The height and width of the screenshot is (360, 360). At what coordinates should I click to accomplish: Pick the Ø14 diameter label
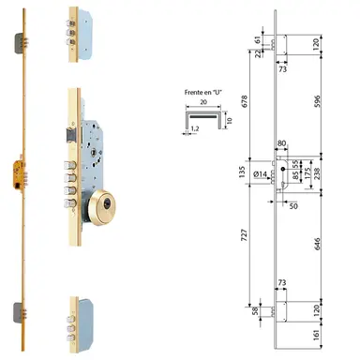click(x=261, y=174)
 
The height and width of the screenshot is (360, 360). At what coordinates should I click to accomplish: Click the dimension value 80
click(x=282, y=144)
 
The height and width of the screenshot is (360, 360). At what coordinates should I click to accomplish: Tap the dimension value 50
click(x=293, y=203)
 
